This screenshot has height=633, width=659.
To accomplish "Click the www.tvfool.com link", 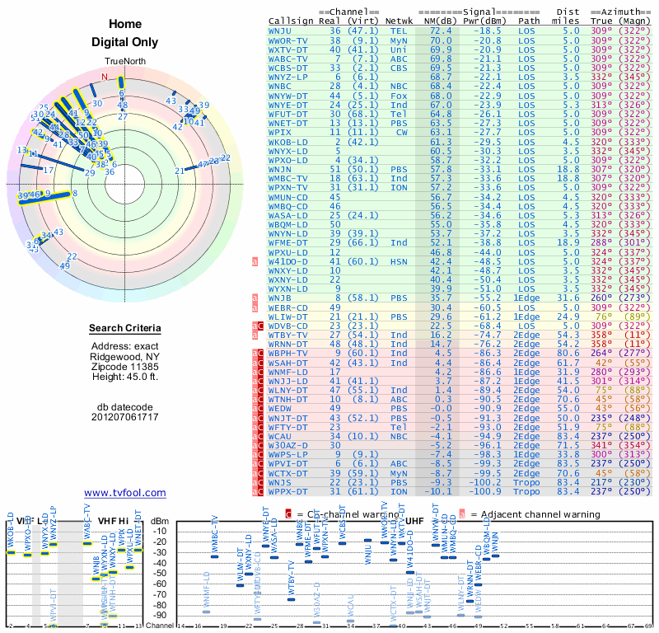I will click(125, 493).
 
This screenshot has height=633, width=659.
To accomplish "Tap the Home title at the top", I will click(124, 24).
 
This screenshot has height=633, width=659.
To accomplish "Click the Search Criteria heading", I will click(125, 329).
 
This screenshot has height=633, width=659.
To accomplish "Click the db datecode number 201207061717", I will click(125, 417).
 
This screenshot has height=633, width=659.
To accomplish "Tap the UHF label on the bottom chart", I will click(414, 521).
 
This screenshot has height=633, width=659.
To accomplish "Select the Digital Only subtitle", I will click(124, 41).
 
